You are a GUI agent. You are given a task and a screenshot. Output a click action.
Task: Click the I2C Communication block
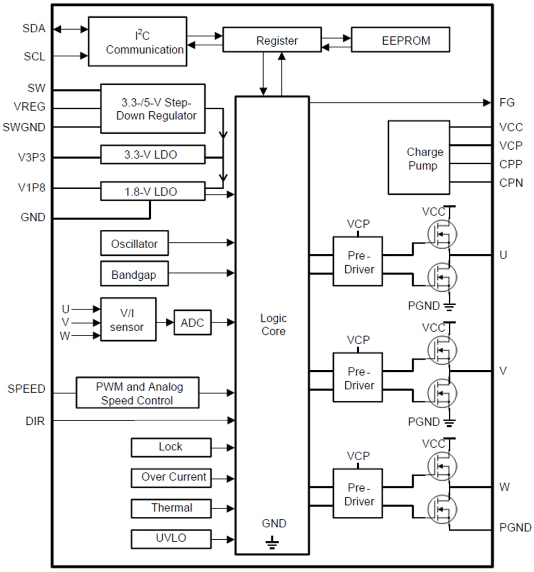coord(137,42)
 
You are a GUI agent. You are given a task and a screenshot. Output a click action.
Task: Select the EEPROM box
coord(400,40)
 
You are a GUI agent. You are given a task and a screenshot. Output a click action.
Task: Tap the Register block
coord(272,40)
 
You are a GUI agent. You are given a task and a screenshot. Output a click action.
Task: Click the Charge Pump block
coord(419,158)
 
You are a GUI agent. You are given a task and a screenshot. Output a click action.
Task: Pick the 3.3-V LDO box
coord(153,154)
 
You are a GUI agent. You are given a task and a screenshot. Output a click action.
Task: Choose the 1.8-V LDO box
coord(153,191)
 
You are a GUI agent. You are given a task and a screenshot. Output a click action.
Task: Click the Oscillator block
coord(134,243)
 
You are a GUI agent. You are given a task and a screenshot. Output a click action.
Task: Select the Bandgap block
coord(134,274)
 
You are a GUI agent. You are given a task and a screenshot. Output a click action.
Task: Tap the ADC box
coord(192,323)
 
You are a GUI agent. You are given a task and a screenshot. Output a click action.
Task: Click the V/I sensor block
coord(128,319)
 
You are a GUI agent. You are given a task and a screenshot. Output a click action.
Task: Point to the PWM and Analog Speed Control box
coord(138,393)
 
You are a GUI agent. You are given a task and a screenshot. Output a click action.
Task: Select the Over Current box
coord(171,477)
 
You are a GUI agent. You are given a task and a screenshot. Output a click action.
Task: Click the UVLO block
coord(171,538)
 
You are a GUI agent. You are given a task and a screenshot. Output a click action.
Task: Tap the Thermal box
coord(171,508)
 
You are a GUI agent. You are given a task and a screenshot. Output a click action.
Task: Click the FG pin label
coord(506,102)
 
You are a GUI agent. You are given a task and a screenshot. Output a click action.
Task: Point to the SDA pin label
coord(34,29)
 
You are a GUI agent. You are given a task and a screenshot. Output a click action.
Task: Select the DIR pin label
coord(35,421)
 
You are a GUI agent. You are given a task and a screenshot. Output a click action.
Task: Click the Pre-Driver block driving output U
coord(358,261)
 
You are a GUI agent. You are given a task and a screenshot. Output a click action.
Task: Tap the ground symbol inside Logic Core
coord(272,544)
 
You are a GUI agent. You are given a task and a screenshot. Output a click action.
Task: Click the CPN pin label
coord(511,183)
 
